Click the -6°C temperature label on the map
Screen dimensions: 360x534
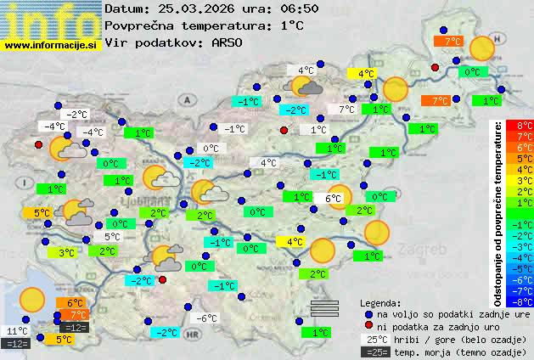(x=206, y=318)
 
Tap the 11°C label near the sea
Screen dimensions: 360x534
(x=17, y=331)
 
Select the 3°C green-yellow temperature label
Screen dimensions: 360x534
(x=66, y=252)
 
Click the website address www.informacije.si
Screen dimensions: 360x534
(x=51, y=43)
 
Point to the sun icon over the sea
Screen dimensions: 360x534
(x=32, y=299)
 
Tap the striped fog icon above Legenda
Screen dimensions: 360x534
(x=324, y=307)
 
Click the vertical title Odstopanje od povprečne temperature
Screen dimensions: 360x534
(x=498, y=212)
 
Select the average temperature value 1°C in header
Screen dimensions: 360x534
(x=291, y=25)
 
